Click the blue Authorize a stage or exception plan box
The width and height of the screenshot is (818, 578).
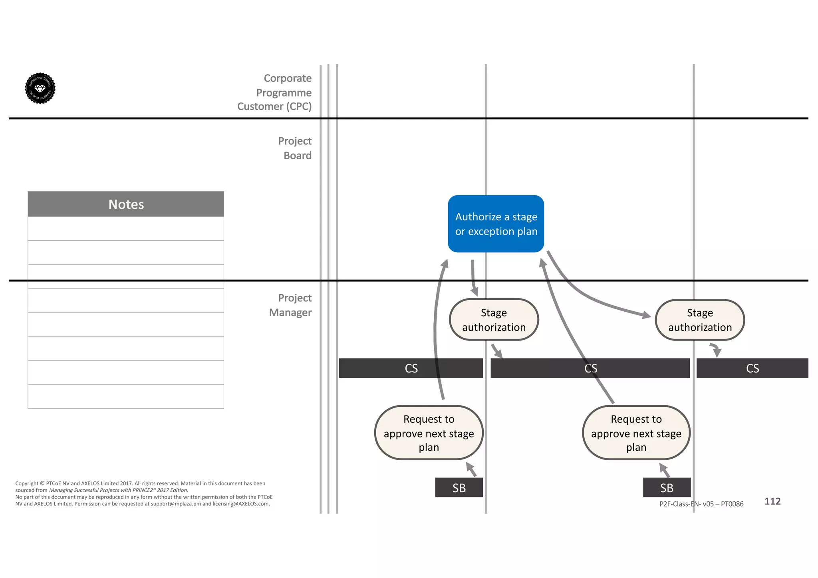point(496,224)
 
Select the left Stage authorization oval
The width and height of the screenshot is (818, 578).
point(494,320)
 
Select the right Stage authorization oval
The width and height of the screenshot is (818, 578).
point(700,320)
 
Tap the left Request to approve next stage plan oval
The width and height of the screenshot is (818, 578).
point(429,433)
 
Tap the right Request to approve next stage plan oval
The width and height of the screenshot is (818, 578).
point(636,433)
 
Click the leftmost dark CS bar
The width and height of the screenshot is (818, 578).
point(411,368)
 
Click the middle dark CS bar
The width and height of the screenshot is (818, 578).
point(590,368)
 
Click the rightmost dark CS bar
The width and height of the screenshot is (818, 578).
point(752,368)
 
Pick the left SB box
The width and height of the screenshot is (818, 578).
point(459,487)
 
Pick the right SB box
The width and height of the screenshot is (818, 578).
point(667,487)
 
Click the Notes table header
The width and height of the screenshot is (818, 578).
point(126,204)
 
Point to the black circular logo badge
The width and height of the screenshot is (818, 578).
point(40,88)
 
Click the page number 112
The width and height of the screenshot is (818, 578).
point(772,501)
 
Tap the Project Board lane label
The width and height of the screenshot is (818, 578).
point(295,148)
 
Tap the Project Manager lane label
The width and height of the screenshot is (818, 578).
point(290,305)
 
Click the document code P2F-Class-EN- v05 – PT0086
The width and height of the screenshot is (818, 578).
point(701,504)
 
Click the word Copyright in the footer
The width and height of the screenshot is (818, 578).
point(27,483)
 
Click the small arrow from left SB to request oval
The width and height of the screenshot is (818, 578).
point(471,469)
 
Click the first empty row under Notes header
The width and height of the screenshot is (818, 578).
point(126,229)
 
